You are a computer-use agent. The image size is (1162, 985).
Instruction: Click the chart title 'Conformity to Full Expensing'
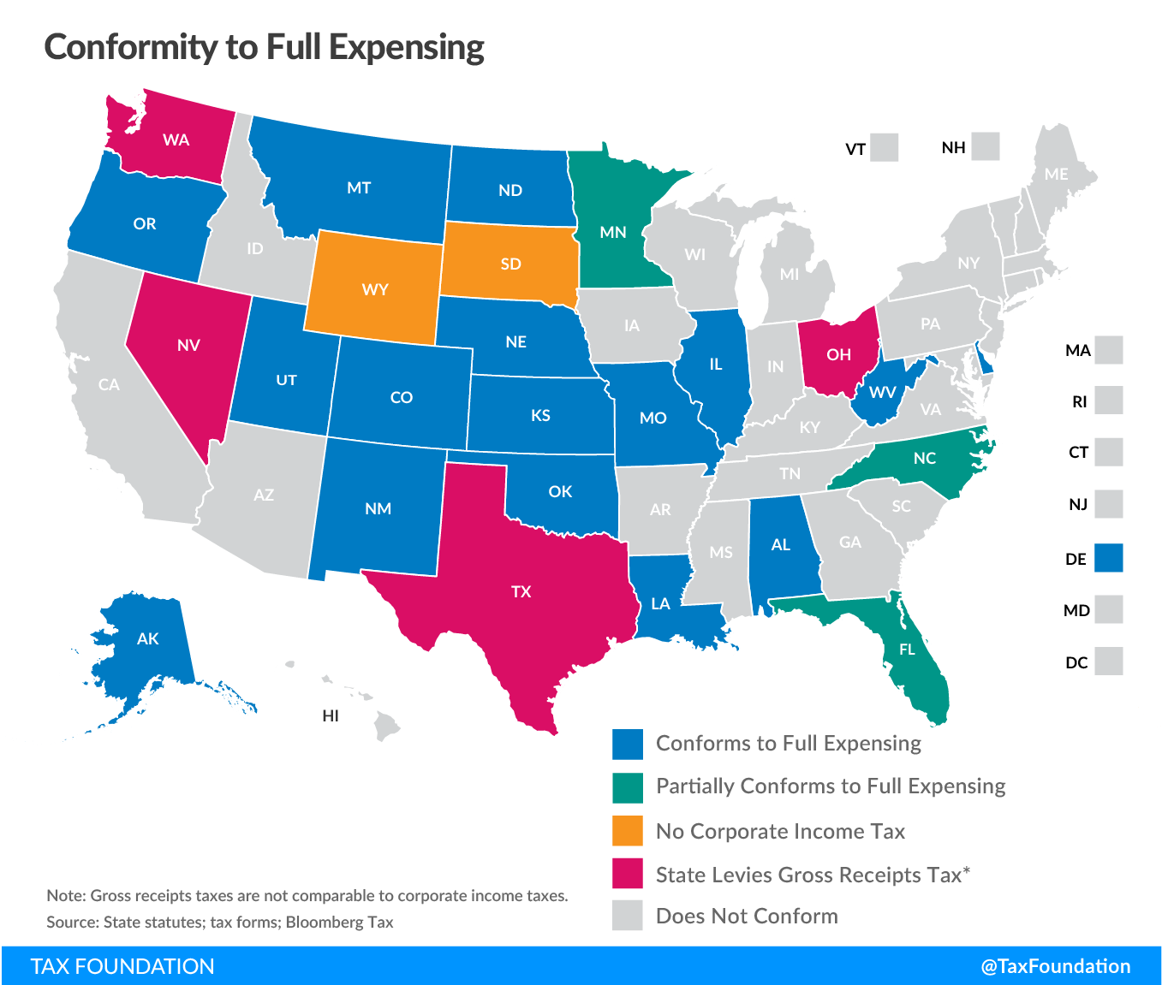pos(264,47)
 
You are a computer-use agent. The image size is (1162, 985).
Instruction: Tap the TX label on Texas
pos(521,591)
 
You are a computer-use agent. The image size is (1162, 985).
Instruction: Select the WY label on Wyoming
pos(375,289)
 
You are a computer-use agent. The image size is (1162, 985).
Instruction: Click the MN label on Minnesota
pos(613,232)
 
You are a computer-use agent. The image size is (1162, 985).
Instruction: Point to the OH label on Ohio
pos(838,354)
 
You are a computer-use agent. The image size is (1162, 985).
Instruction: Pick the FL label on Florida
pos(907,650)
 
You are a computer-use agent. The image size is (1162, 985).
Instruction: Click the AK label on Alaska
pos(147,638)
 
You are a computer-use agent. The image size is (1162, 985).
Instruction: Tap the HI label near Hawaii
pos(331,715)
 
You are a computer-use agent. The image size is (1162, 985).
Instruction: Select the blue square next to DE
pos(1109,558)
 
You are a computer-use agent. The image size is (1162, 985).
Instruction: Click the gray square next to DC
pos(1109,662)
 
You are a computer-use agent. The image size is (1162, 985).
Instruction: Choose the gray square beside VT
pos(885,147)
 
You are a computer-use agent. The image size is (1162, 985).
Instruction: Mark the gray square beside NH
pos(986,146)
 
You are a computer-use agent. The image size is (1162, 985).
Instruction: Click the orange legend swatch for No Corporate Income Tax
pos(628,831)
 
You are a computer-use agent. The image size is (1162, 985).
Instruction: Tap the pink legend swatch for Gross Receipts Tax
pos(628,874)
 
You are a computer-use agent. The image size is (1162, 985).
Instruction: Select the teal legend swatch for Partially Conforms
pos(628,787)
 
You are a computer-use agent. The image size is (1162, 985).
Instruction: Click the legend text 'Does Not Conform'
pos(747,916)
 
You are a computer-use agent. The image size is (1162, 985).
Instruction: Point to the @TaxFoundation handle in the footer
pos(1055,966)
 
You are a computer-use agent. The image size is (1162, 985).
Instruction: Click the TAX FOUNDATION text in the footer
pos(122,966)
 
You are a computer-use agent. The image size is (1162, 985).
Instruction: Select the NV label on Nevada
pos(188,345)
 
